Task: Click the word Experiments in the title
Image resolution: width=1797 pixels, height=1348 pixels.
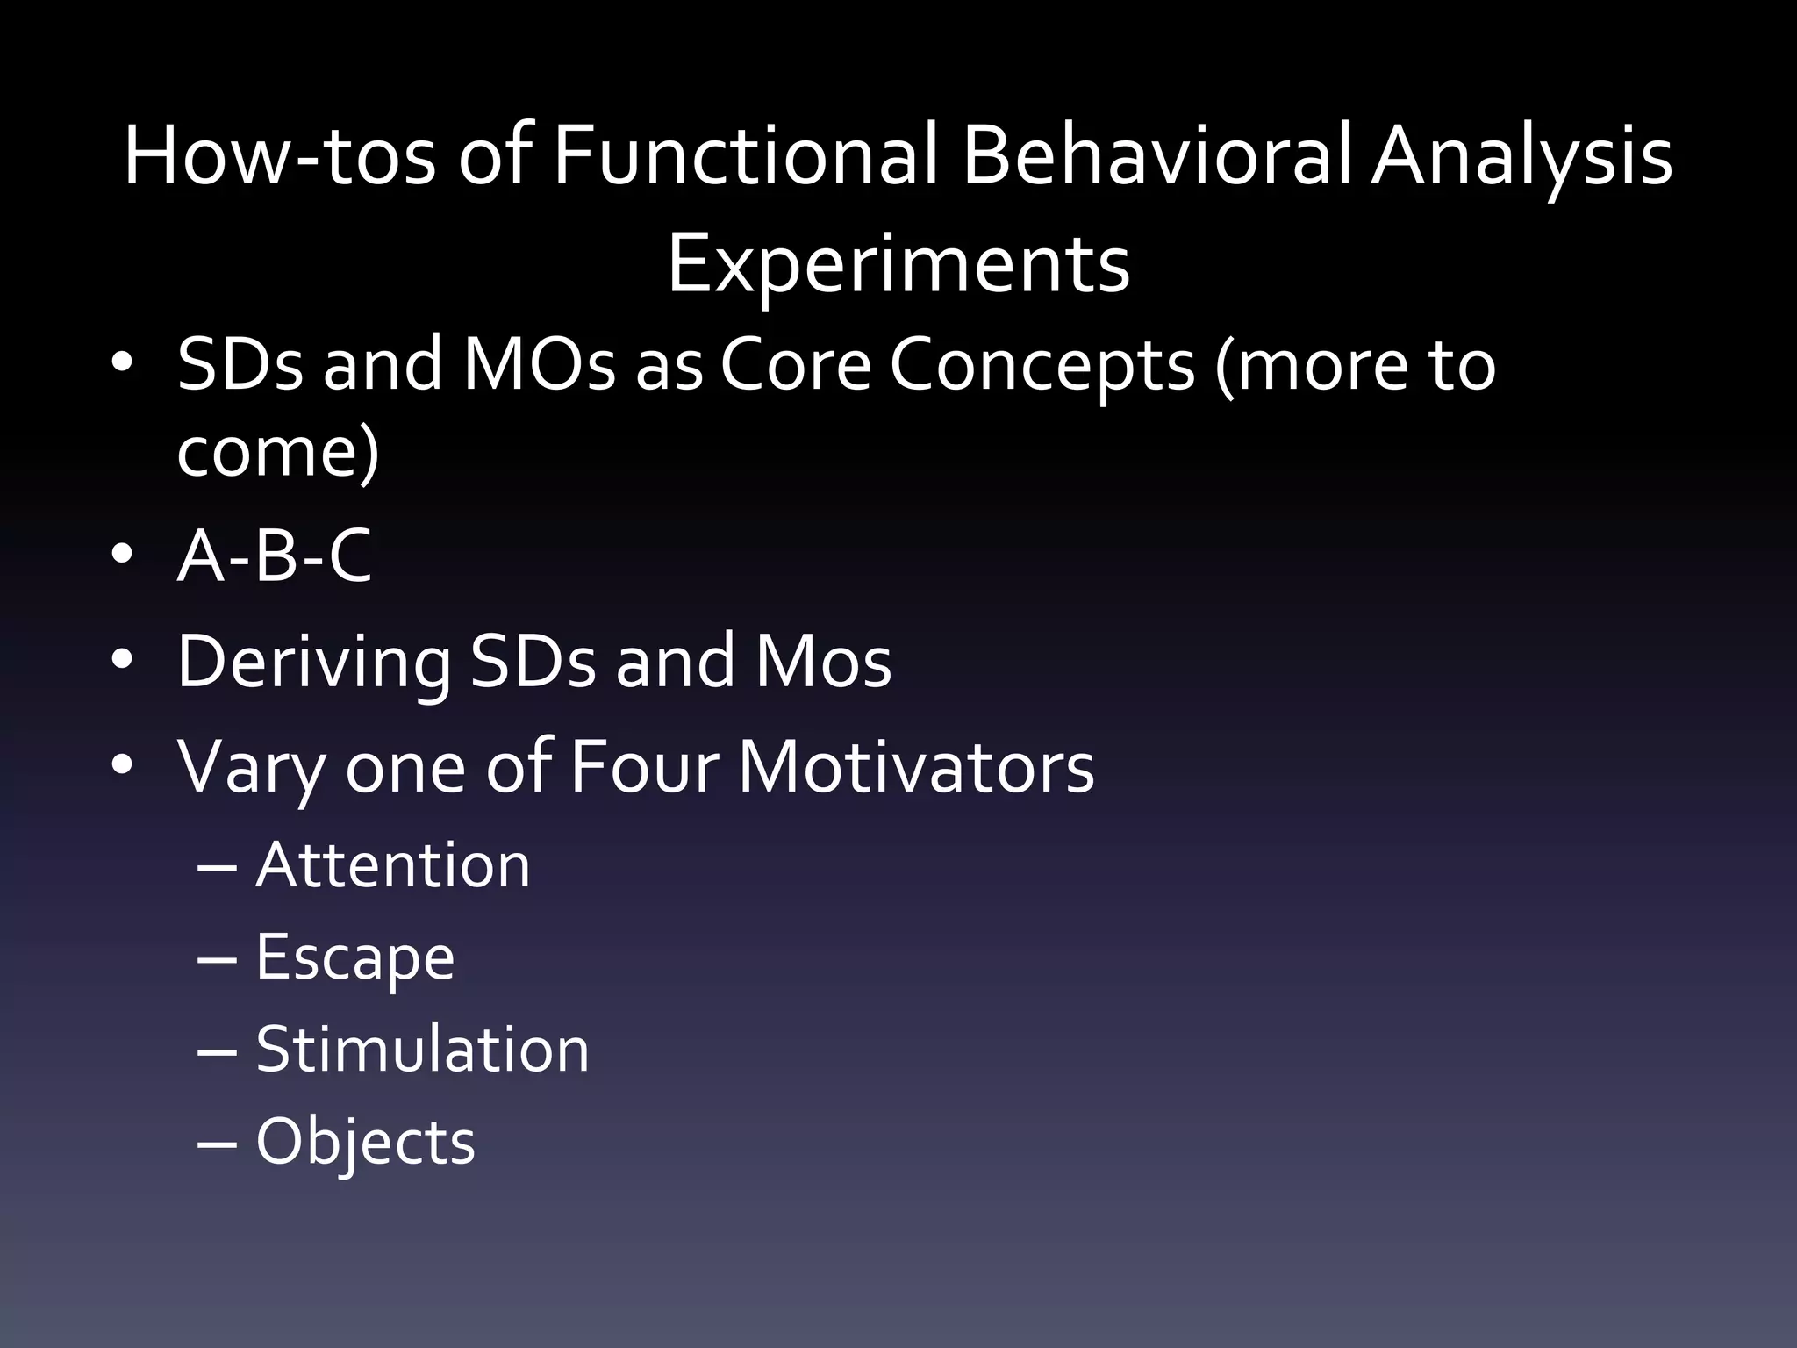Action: click(x=898, y=266)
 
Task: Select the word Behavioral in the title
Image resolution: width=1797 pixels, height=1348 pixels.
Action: click(x=1158, y=158)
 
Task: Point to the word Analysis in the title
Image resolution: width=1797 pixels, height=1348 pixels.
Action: click(x=1521, y=158)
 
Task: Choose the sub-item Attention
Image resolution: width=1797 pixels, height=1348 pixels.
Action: click(x=393, y=865)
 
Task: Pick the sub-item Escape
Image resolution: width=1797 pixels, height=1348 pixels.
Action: click(x=355, y=957)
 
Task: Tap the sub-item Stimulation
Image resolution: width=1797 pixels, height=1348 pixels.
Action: click(x=422, y=1050)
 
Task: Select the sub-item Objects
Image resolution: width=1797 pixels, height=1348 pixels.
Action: click(x=365, y=1142)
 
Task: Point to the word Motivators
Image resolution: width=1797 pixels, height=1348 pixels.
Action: click(x=916, y=767)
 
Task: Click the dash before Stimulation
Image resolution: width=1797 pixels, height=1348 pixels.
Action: click(x=217, y=1050)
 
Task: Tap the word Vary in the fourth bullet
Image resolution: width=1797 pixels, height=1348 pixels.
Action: click(x=251, y=767)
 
